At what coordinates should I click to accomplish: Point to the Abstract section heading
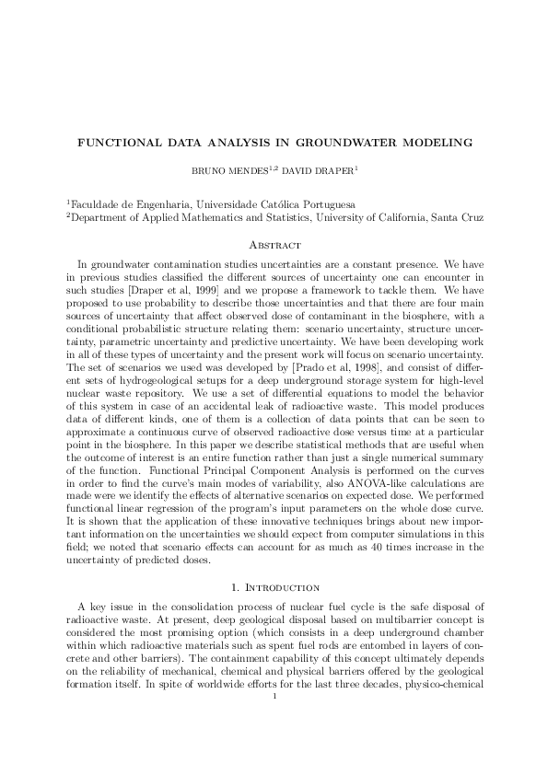(274, 245)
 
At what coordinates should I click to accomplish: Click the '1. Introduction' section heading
(274, 587)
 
